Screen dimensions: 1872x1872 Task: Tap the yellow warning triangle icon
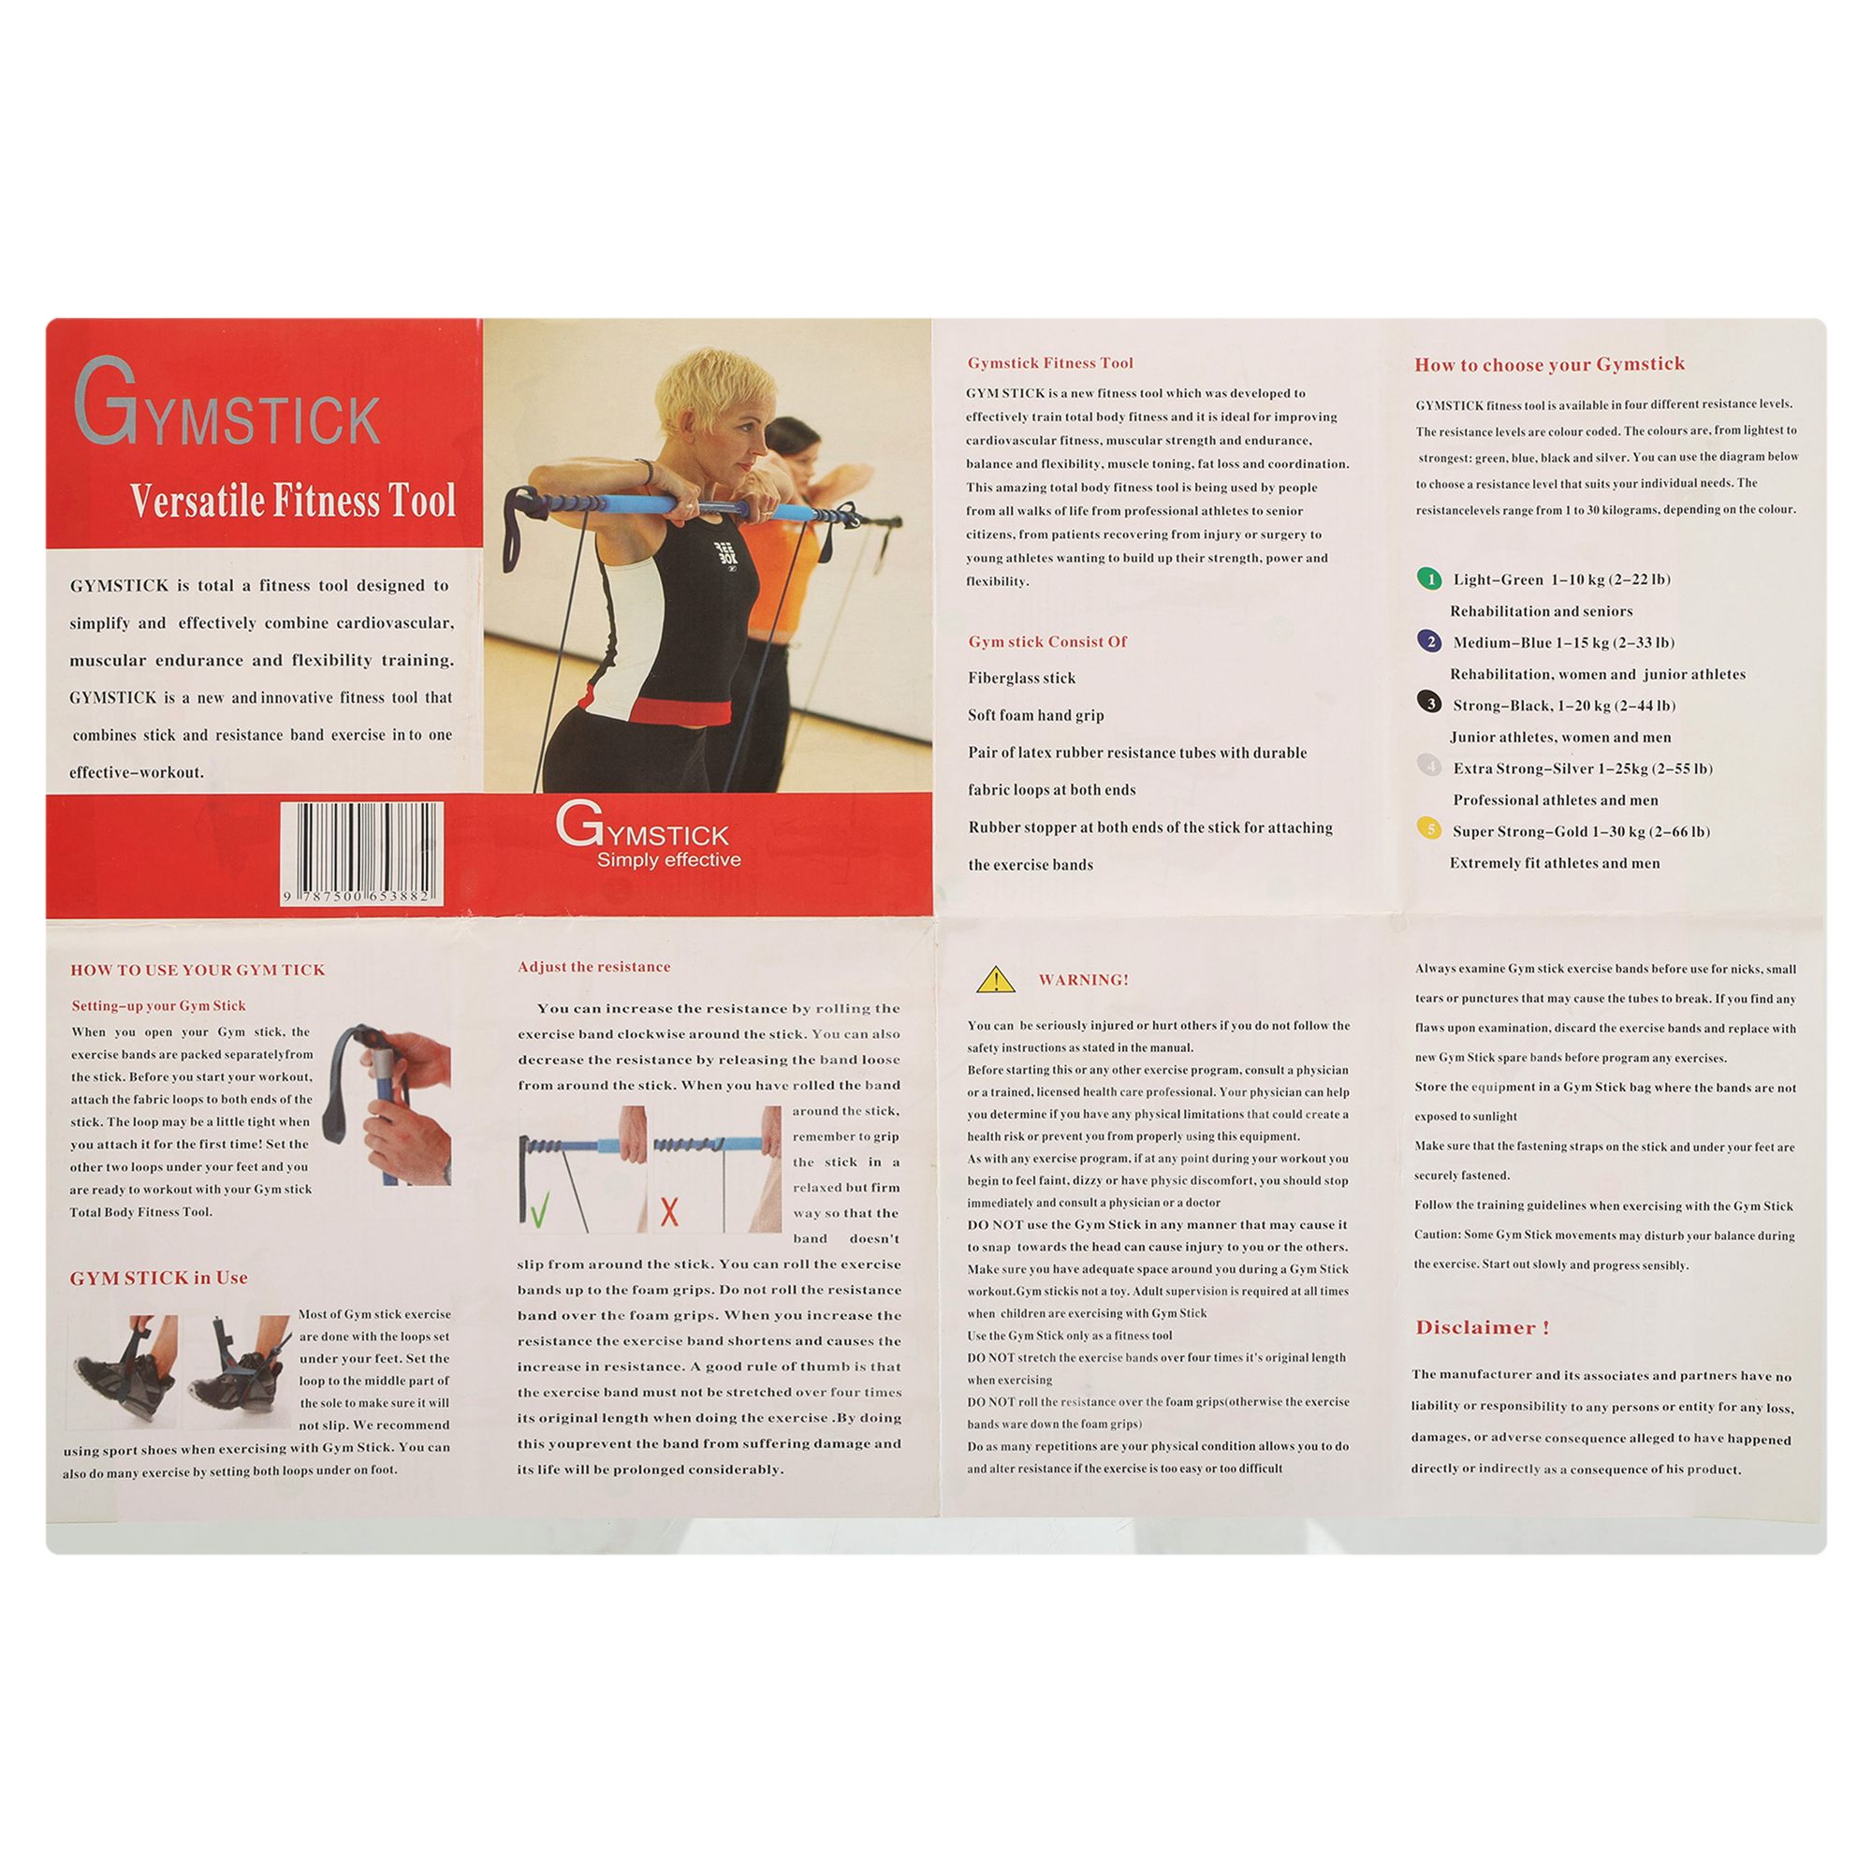[x=996, y=981]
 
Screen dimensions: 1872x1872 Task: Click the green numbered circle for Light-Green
[x=1429, y=579]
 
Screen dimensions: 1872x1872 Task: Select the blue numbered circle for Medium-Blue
[x=1429, y=641]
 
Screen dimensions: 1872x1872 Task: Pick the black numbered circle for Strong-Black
[x=1429, y=704]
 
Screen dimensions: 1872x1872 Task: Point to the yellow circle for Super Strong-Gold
[x=1429, y=828]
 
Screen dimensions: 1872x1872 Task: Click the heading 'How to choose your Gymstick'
[x=1549, y=364]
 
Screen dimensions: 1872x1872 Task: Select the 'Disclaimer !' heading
[x=1483, y=1327]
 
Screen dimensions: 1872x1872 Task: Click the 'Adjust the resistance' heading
[x=594, y=967]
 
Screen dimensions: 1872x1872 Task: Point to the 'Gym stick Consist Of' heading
[x=1047, y=641]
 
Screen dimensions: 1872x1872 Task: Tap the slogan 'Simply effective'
[x=668, y=859]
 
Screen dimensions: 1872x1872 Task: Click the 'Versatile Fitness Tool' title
[x=293, y=501]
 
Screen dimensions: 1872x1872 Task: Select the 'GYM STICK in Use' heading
[x=159, y=1278]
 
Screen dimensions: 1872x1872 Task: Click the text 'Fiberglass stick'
[x=1021, y=679]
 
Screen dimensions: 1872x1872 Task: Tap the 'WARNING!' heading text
[x=1083, y=980]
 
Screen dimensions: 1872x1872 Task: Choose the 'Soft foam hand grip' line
[x=1036, y=715]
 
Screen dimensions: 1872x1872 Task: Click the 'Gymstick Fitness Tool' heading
[x=1050, y=363]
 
